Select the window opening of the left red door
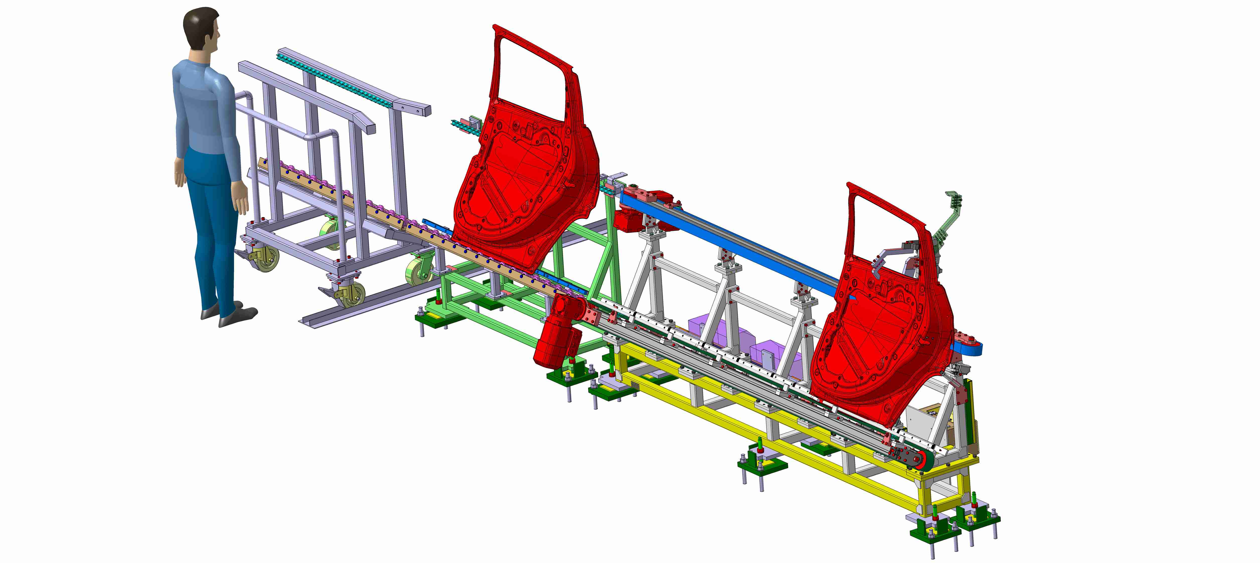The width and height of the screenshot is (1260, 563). pos(531,74)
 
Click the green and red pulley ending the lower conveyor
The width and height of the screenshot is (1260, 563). pos(922,460)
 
